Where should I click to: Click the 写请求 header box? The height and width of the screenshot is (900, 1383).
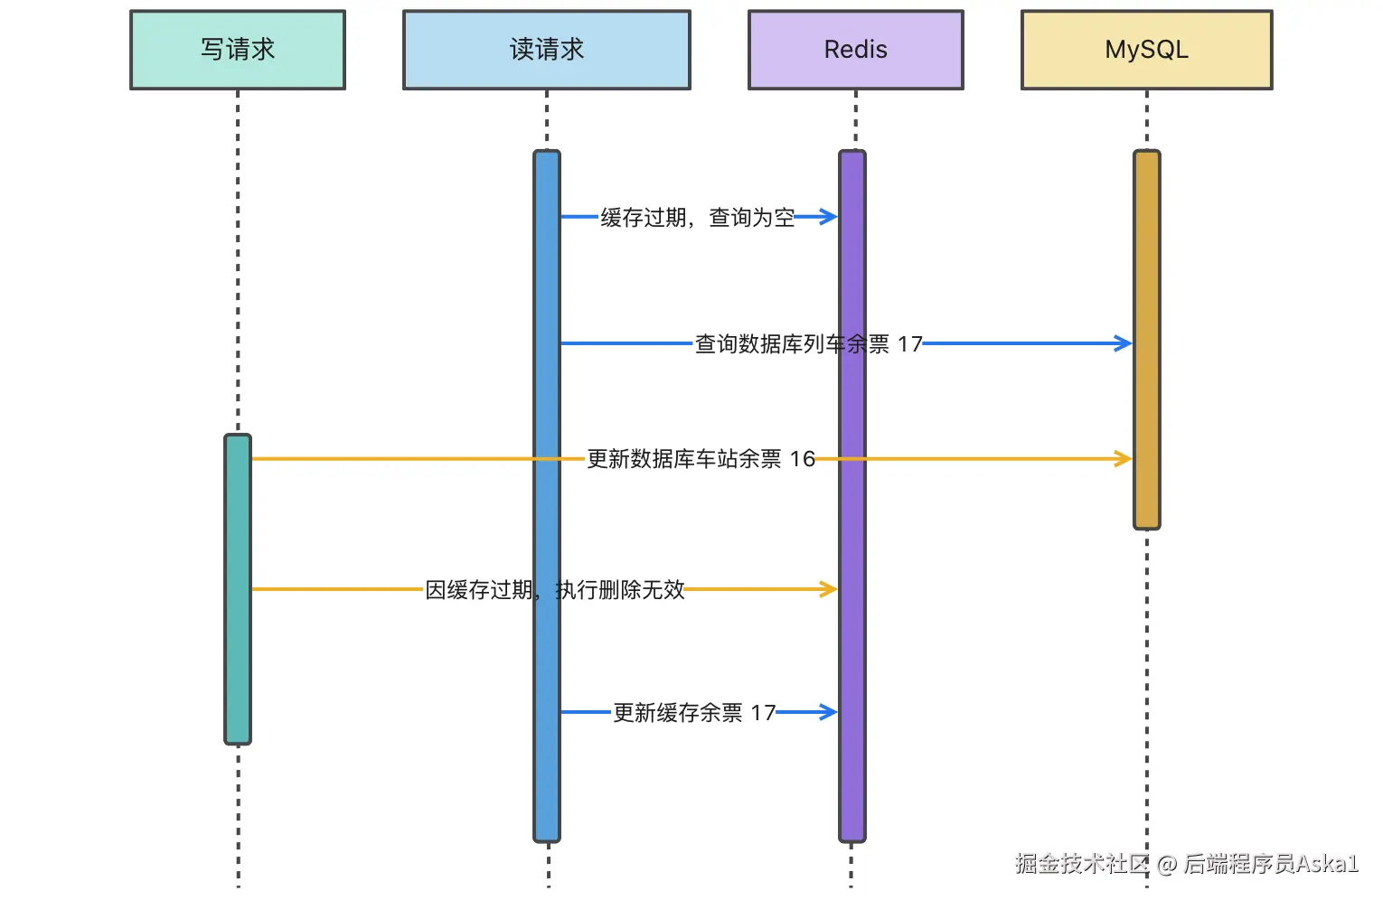coord(238,50)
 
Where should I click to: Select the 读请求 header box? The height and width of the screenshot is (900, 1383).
coord(546,50)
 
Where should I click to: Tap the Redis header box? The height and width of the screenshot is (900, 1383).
coord(856,50)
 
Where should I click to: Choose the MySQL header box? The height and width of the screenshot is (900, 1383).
coord(1146,50)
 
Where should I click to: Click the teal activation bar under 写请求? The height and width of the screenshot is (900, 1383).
coord(238,589)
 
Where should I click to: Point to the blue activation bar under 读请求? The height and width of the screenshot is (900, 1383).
coord(547,496)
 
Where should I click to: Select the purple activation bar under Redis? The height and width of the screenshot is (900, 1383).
coord(852,496)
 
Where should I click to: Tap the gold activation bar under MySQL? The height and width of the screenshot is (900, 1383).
coord(1146,340)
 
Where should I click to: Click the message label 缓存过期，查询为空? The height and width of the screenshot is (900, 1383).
coord(698,217)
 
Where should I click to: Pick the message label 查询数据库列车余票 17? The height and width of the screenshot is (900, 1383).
coord(809,344)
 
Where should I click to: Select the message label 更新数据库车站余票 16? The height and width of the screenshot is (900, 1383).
coord(701,459)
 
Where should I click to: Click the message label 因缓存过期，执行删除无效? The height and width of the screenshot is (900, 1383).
coord(554,590)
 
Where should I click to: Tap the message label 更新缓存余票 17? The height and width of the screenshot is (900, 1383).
coord(694,713)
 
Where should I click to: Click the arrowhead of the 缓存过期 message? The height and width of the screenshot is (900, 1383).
coord(829,217)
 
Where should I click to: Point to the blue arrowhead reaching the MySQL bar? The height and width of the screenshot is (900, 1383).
coord(1123,343)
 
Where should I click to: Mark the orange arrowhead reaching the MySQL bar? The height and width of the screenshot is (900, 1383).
coord(1123,459)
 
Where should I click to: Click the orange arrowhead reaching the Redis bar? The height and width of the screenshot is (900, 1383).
coord(829,589)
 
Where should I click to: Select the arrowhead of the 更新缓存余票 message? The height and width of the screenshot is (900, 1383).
coord(829,712)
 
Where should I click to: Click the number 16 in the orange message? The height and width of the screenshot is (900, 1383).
coord(803,459)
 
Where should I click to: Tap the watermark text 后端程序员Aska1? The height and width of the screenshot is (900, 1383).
coord(1271,864)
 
